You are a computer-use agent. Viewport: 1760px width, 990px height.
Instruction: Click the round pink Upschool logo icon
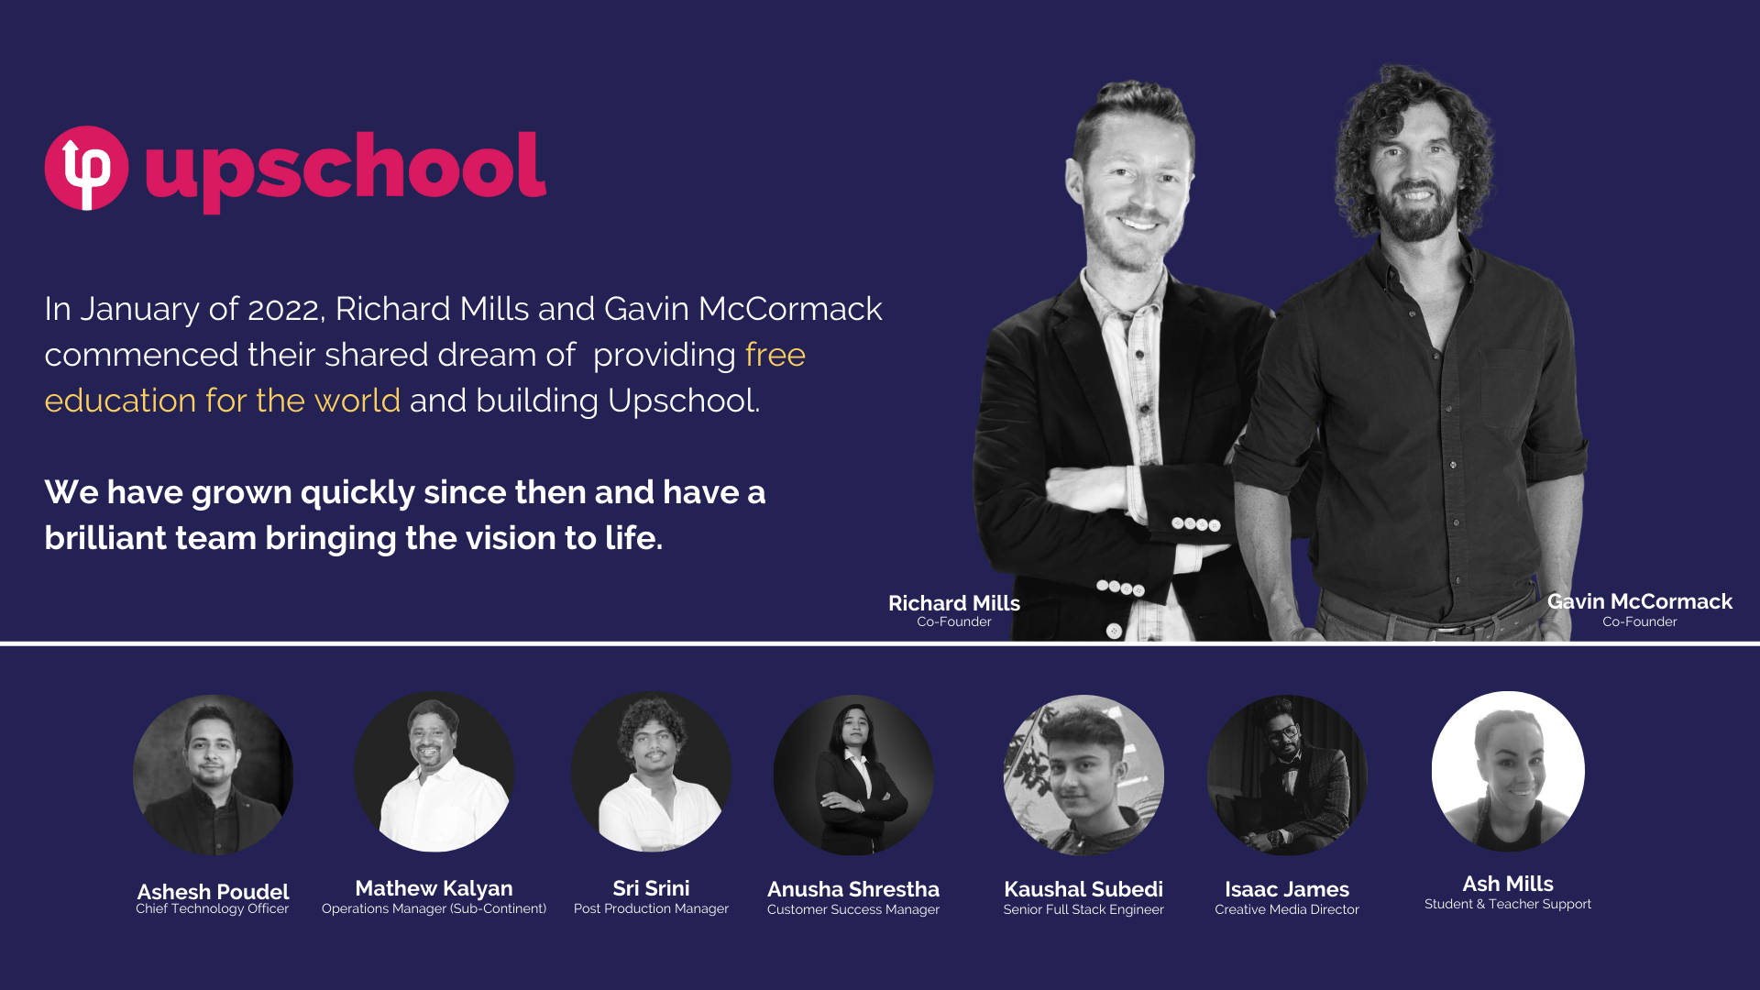86,169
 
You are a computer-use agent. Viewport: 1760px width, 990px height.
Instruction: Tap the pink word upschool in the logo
346,171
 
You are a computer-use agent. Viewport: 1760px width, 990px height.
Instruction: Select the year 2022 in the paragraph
282,309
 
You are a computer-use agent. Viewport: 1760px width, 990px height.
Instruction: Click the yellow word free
775,355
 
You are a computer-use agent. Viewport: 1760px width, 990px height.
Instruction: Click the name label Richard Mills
954,603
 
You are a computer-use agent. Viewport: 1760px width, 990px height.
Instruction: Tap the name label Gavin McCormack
1640,601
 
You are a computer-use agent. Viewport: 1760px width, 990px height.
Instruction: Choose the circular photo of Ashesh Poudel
213,775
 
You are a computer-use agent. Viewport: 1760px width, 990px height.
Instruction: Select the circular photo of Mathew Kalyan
434,772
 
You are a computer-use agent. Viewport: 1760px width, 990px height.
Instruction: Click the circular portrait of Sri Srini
651,772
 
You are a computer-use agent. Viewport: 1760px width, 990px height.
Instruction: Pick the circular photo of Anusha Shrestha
853,775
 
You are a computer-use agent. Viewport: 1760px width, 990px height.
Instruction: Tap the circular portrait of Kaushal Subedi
1083,775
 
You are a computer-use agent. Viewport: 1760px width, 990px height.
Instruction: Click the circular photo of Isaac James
1287,775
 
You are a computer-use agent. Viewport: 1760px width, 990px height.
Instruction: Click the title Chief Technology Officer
213,908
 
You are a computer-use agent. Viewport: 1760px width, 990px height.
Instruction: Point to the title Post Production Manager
651,908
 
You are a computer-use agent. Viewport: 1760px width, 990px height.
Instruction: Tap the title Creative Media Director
1287,909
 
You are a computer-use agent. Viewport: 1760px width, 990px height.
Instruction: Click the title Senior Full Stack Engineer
1083,909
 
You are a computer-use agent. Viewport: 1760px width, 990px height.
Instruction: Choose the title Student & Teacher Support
1508,904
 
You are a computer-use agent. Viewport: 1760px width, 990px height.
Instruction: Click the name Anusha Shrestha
853,889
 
